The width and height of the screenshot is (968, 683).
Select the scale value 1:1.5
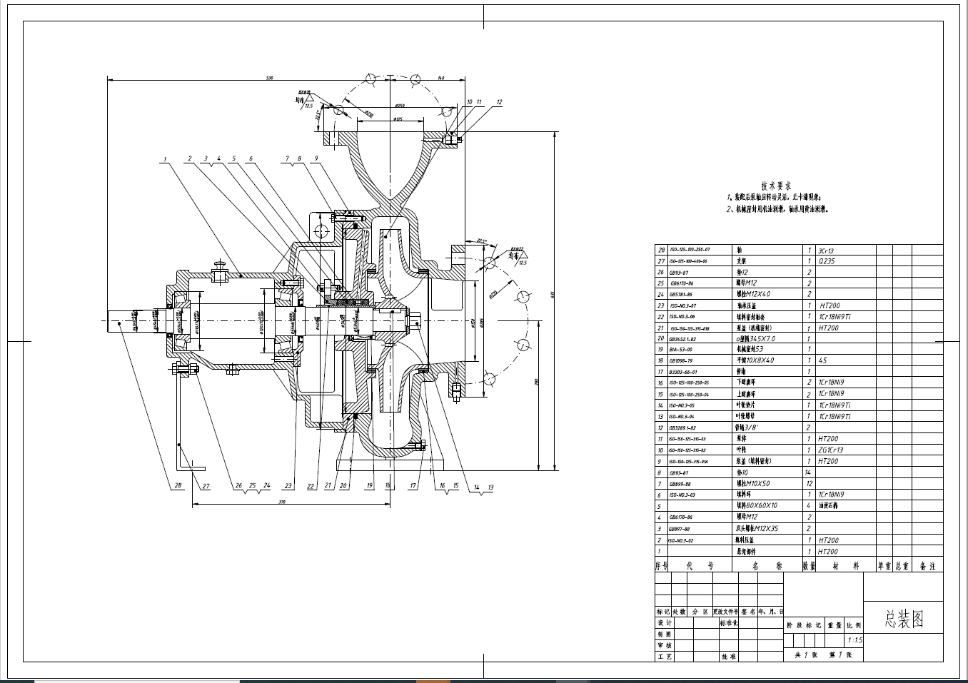[x=854, y=640]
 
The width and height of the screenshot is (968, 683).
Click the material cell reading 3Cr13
[x=827, y=251]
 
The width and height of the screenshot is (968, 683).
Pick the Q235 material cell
[x=826, y=261]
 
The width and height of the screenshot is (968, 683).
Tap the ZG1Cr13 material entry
[x=831, y=450]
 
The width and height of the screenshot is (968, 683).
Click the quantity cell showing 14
[x=809, y=472]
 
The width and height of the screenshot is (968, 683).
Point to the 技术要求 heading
[x=776, y=185]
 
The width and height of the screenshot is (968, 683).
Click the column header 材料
[x=846, y=566]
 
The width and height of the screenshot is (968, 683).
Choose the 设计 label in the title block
[x=664, y=623]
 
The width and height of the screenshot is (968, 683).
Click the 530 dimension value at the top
[x=269, y=77]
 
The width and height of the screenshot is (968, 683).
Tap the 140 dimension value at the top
[x=441, y=77]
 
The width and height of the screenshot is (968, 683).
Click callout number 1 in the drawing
[x=164, y=159]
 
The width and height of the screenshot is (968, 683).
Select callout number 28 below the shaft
[x=177, y=486]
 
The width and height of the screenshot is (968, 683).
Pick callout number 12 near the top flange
[x=499, y=103]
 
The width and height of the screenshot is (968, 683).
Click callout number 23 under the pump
[x=288, y=486]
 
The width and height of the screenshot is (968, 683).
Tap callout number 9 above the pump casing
[x=316, y=158]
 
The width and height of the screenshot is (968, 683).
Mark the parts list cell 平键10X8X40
[x=755, y=360]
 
